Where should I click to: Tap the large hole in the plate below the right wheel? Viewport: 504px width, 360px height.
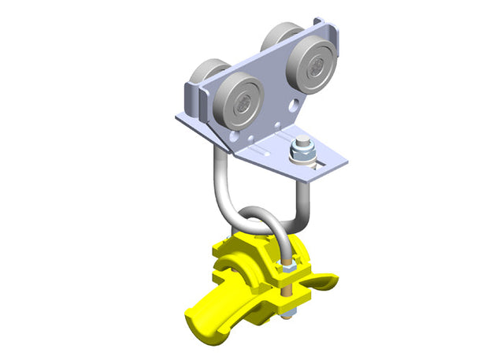(x=293, y=105)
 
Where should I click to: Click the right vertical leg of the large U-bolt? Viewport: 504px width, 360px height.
(x=305, y=193)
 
